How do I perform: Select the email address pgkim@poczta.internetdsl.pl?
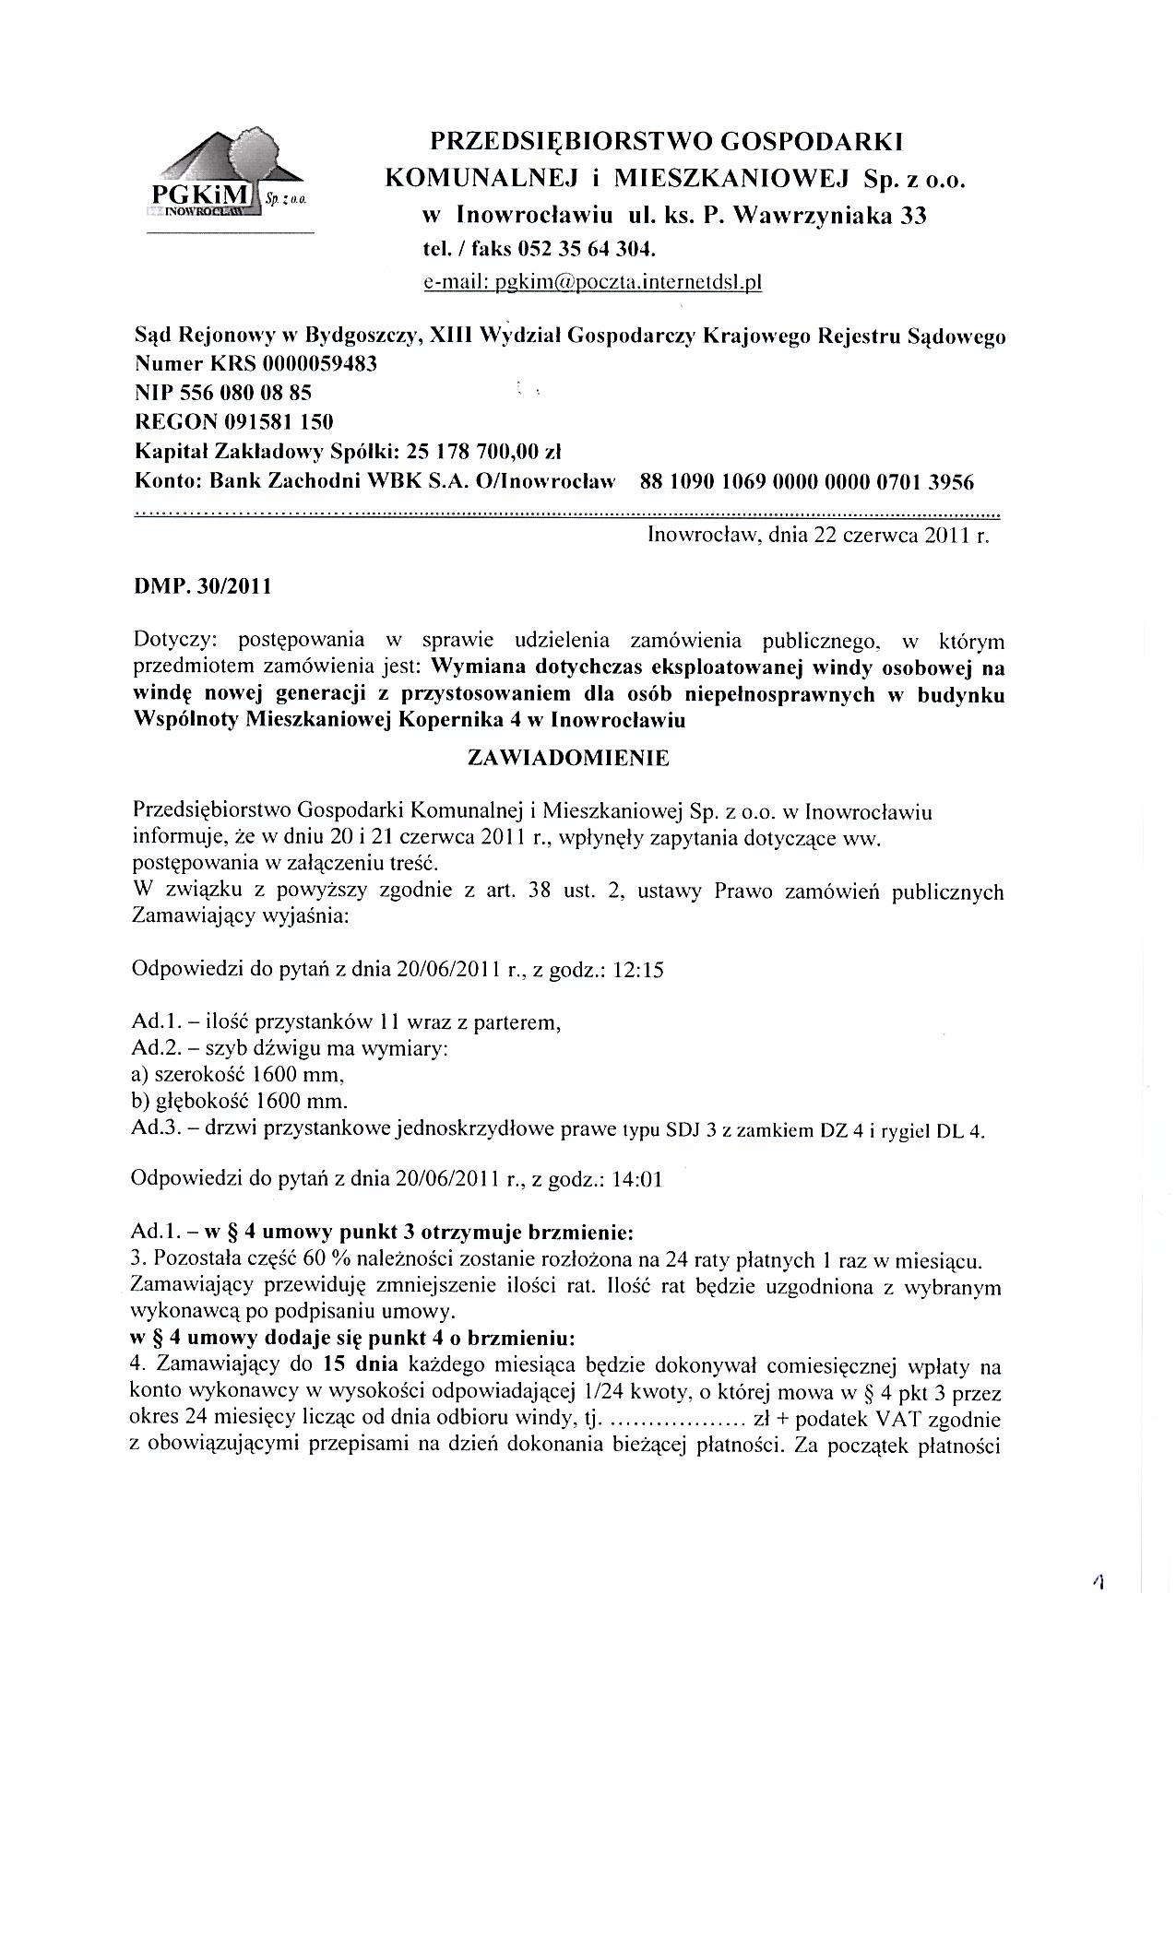592,283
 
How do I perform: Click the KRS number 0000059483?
320,364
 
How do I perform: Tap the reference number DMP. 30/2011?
203,586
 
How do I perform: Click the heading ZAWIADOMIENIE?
569,759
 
